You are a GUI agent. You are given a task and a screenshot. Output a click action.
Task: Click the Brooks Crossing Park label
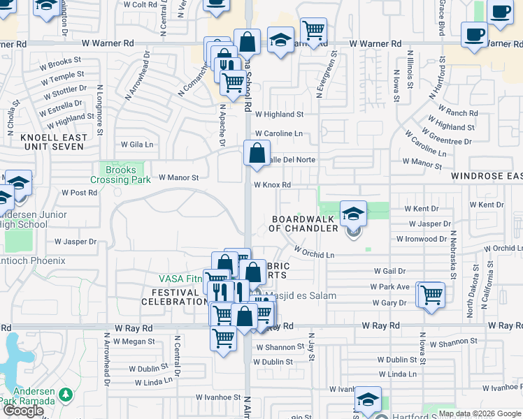[x=120, y=175]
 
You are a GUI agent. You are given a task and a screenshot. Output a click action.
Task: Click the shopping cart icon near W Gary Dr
[x=432, y=294]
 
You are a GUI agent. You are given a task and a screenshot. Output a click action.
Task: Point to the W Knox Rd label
[x=272, y=185]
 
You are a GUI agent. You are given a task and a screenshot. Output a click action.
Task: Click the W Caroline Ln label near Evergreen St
[x=279, y=133]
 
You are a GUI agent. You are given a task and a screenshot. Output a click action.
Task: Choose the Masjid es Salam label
[x=299, y=295]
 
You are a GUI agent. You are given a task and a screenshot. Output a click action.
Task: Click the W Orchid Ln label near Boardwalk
[x=314, y=251]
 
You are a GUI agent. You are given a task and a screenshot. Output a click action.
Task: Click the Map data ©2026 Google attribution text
[x=480, y=413]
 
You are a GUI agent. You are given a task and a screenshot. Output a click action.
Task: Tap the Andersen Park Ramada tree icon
[x=66, y=395]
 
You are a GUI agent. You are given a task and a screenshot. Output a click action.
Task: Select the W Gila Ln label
[x=136, y=145]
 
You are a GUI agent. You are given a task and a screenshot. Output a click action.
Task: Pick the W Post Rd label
[x=79, y=192]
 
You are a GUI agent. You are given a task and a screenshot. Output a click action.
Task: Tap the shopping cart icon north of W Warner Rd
[x=314, y=30]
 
